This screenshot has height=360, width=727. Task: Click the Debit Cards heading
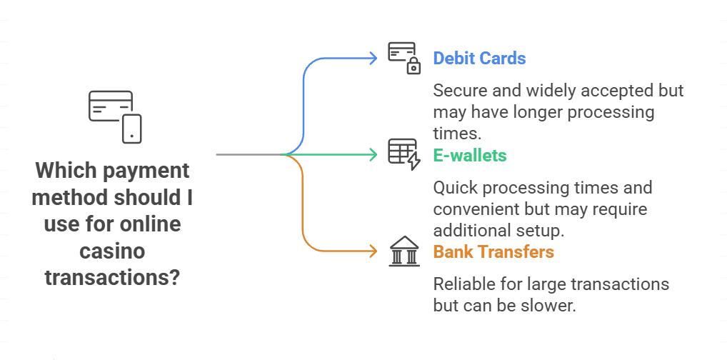coord(479,58)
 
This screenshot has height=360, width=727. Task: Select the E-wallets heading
coord(470,155)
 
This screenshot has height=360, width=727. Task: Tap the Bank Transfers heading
coord(493,251)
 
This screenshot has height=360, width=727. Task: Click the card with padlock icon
coord(404,58)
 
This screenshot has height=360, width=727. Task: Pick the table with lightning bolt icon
coord(404,154)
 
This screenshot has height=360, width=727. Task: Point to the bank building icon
coord(404,251)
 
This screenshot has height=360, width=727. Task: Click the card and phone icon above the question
coord(114,116)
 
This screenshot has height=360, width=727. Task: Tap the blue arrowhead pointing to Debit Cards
coord(372,58)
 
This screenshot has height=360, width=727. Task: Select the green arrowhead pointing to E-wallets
coord(372,154)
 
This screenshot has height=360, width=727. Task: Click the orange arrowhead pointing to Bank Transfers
coord(372,251)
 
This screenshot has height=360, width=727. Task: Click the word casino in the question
coord(112,251)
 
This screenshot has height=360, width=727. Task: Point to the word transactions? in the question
coord(112,277)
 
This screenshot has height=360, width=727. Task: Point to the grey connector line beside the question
coord(250,154)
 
